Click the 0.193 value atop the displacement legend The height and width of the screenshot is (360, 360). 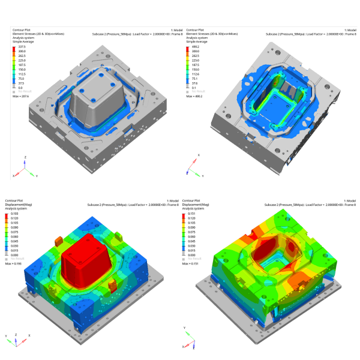(22, 214)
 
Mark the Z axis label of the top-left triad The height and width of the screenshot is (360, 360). (25, 156)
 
